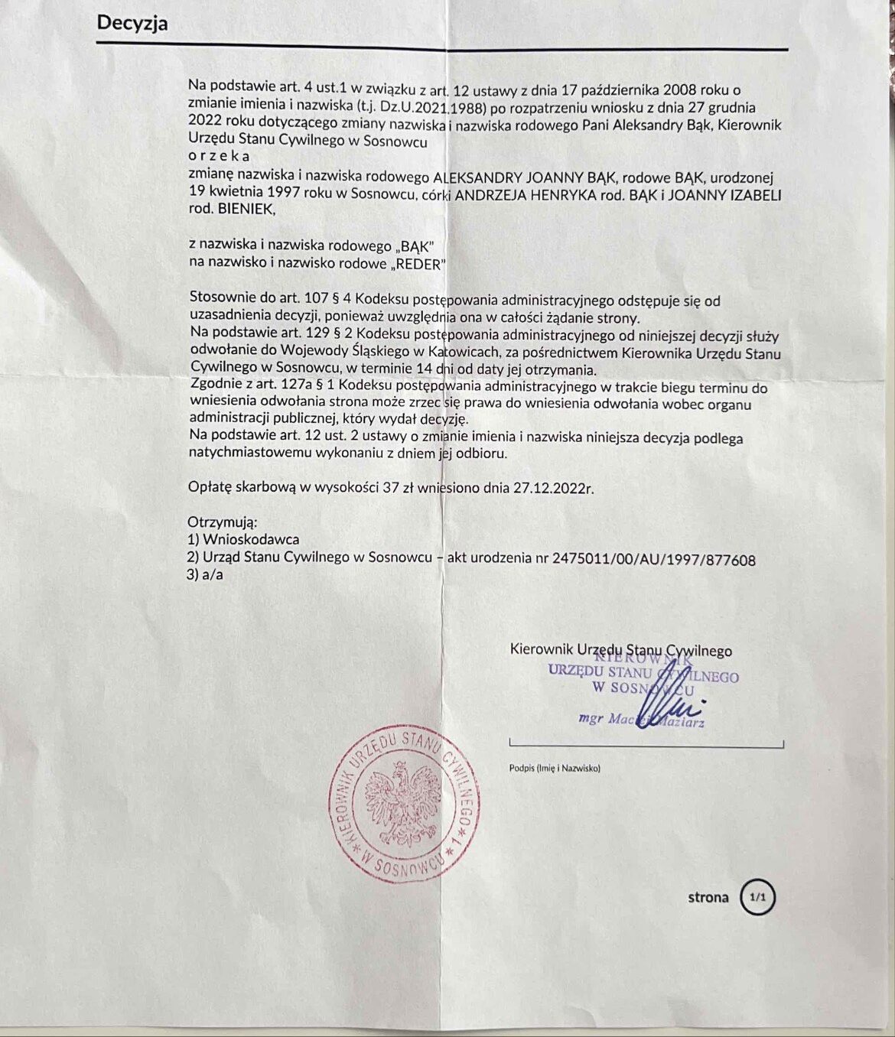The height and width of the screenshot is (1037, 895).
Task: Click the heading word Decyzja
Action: click(x=132, y=23)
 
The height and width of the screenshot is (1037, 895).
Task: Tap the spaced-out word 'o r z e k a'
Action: click(x=219, y=157)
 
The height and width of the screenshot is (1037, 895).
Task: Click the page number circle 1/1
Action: click(x=757, y=897)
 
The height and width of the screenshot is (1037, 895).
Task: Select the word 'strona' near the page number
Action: click(x=708, y=897)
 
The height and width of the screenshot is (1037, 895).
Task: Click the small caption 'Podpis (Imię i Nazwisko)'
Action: click(x=555, y=768)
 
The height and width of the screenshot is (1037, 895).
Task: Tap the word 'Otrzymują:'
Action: click(x=222, y=522)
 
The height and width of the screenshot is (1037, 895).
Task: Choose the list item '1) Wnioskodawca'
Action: click(x=243, y=540)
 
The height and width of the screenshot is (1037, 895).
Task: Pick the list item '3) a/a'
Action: click(x=205, y=574)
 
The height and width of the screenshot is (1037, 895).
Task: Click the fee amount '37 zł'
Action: click(x=398, y=488)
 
